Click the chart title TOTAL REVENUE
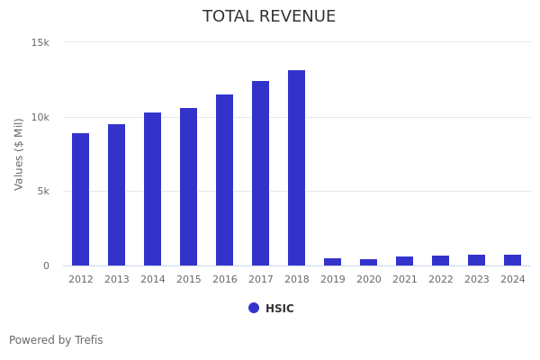click(x=269, y=16)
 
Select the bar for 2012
click(x=81, y=199)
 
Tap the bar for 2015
click(x=189, y=186)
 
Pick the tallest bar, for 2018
click(x=297, y=167)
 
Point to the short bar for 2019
click(x=333, y=262)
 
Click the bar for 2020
click(x=369, y=262)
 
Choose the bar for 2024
click(x=513, y=260)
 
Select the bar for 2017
click(x=261, y=173)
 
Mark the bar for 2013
click(x=117, y=194)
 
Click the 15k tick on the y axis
click(x=40, y=42)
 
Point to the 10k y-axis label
click(x=40, y=117)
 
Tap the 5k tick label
click(x=42, y=191)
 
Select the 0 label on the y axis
click(x=46, y=265)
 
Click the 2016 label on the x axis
click(x=225, y=280)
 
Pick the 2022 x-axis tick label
click(x=441, y=280)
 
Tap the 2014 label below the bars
click(x=153, y=280)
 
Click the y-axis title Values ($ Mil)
click(x=19, y=154)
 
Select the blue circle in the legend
click(x=254, y=308)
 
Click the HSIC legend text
click(x=279, y=309)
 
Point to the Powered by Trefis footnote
click(x=56, y=340)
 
